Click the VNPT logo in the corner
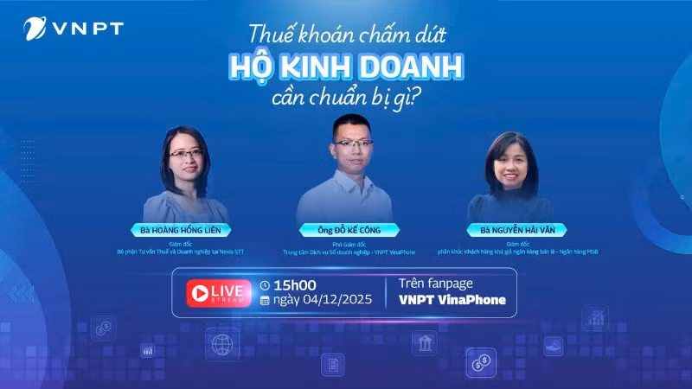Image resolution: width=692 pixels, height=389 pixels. (x=73, y=29)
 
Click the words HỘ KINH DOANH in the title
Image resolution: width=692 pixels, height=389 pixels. (x=346, y=67)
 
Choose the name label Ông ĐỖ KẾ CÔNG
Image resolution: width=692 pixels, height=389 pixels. (x=349, y=230)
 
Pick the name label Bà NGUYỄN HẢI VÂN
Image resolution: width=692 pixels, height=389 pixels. (x=509, y=230)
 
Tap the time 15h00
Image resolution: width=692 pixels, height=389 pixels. (x=294, y=284)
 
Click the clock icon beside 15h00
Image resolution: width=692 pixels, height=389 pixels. (x=266, y=284)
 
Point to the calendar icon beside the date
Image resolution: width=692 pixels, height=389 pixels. (x=266, y=300)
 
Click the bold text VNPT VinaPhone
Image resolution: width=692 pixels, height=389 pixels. (x=452, y=300)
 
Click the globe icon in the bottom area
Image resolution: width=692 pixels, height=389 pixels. (x=221, y=343)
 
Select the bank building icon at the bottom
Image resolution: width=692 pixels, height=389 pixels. (x=425, y=346)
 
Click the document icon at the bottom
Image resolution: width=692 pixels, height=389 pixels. (x=332, y=364)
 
